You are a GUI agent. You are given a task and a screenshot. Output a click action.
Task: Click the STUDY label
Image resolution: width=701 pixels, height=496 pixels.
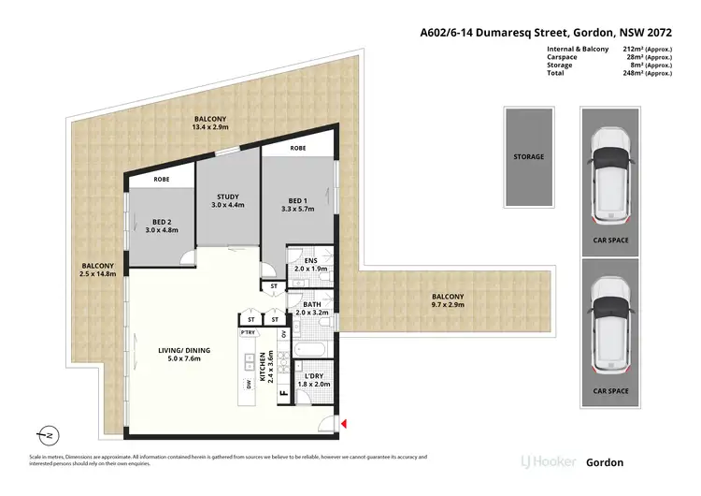click(x=227, y=198)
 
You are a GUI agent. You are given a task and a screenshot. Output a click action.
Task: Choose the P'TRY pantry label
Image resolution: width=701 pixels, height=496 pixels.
click(x=249, y=332)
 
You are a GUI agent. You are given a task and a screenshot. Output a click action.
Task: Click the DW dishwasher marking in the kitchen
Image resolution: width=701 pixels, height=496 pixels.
click(x=249, y=384)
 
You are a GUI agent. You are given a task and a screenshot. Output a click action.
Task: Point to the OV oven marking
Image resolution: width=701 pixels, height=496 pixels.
click(x=284, y=333)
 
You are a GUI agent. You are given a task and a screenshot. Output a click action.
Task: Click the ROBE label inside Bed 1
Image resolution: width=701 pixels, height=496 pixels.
click(x=298, y=148)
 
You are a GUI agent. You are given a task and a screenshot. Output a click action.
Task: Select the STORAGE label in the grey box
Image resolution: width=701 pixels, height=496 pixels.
click(x=528, y=156)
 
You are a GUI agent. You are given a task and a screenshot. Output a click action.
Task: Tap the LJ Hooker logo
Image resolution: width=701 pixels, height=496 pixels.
click(x=549, y=462)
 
